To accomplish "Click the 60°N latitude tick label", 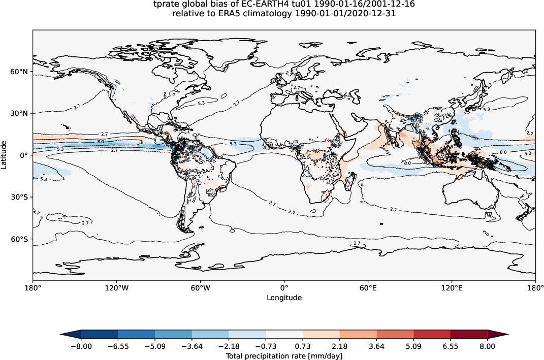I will click(20, 72).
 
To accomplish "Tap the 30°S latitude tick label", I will click(20, 197).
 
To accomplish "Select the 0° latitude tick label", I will click(24, 155).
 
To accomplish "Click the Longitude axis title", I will click(284, 298).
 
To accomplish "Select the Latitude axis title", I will click(5, 155).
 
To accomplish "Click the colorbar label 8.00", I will click(488, 346).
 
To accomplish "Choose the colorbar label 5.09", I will click(413, 346).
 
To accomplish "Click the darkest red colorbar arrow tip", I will click(507, 334).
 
